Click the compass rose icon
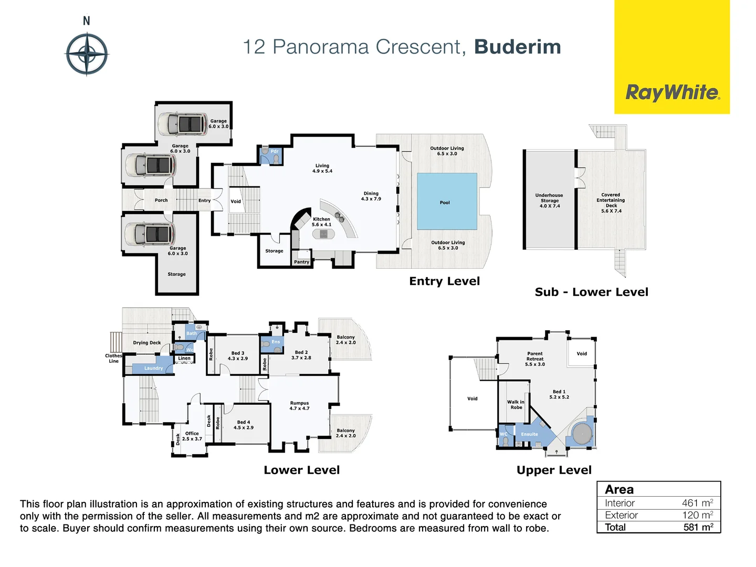tap(87, 54)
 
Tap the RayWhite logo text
tap(672, 93)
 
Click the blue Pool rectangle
tap(447, 201)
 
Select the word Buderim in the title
tap(517, 47)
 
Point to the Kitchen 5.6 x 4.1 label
tap(321, 222)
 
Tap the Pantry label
tap(301, 262)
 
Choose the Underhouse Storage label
tap(549, 201)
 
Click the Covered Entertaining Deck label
tap(611, 203)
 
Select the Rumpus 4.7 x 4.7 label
tap(299, 405)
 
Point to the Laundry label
tap(153, 368)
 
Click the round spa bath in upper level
tap(582, 435)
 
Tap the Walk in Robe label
tap(516, 404)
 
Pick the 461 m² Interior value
tap(697, 503)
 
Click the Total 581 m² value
tap(698, 527)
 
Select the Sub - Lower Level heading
tap(591, 292)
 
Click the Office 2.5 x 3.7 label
tap(192, 436)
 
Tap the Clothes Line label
tap(113, 358)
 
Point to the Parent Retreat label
tap(535, 359)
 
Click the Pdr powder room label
tap(274, 151)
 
